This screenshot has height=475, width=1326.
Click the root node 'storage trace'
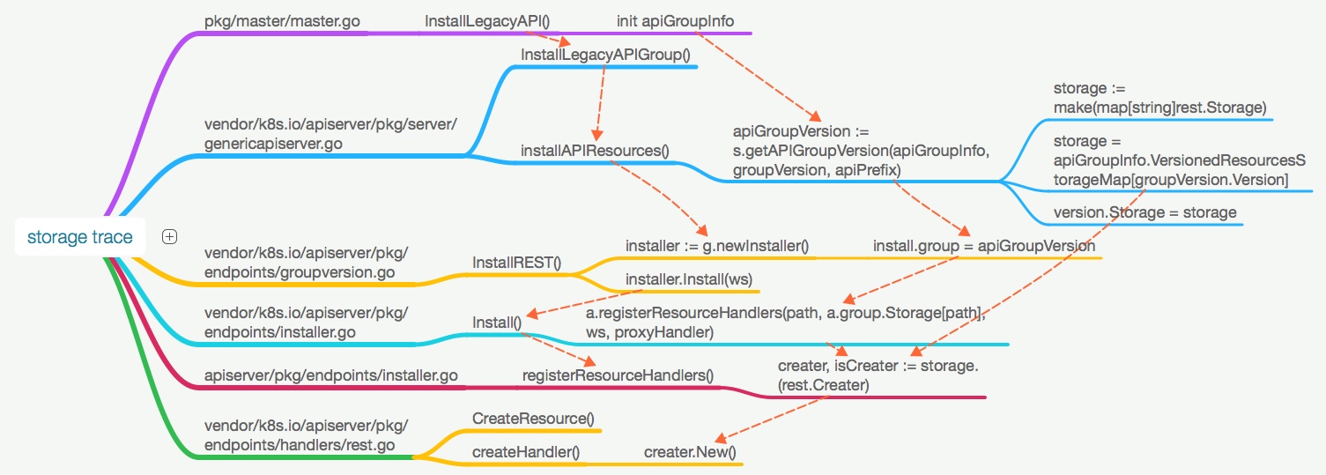click(x=80, y=237)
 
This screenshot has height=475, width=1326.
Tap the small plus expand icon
click(x=170, y=236)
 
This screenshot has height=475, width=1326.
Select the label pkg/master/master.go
click(x=281, y=21)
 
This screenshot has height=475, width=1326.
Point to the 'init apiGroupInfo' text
click(x=675, y=21)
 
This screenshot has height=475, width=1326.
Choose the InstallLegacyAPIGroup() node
click(x=604, y=55)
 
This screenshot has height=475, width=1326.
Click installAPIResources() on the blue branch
click(x=595, y=151)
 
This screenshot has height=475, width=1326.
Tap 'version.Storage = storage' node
click(x=1145, y=212)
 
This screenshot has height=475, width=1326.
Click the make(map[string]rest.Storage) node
click(x=1159, y=98)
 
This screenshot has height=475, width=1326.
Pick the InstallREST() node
click(x=516, y=263)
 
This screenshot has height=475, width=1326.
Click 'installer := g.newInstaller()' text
click(x=716, y=246)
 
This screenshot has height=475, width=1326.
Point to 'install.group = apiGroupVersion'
click(x=983, y=246)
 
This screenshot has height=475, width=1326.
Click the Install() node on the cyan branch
click(x=497, y=323)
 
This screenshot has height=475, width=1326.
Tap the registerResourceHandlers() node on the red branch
click(x=618, y=375)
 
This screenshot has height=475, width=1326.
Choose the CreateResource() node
click(x=533, y=418)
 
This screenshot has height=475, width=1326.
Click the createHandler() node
click(x=526, y=452)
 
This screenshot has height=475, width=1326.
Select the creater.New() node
click(x=690, y=452)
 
